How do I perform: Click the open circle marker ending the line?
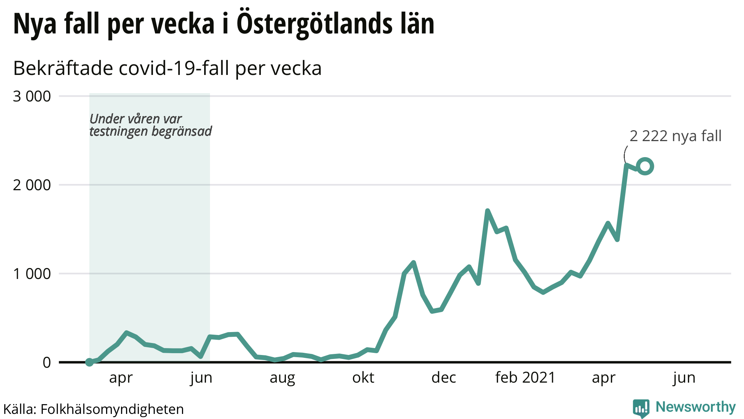point(645,167)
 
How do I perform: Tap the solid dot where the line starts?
point(89,362)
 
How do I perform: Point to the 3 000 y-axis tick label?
point(32,97)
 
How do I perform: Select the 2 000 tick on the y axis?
point(32,185)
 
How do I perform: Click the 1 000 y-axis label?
point(32,274)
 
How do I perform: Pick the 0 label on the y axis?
point(46,363)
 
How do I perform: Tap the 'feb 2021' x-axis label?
point(525,378)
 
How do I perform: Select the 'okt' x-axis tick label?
point(363,378)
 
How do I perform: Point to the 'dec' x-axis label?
point(444,378)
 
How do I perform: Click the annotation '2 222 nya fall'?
point(675,136)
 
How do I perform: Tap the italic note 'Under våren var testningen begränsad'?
point(150,125)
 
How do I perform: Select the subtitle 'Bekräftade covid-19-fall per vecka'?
point(167,68)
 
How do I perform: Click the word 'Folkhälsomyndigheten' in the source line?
point(112,409)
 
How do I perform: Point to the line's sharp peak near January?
point(488,211)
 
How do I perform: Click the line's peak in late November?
point(413,262)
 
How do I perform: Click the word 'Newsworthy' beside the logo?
point(695,407)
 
